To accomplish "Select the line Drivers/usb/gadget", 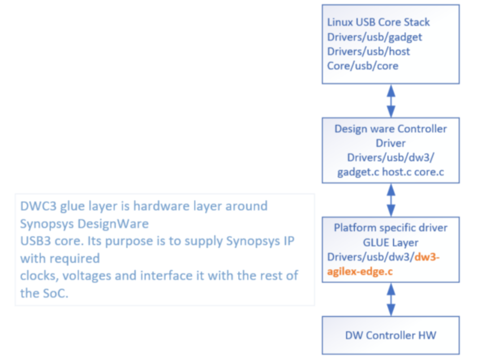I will [374, 37].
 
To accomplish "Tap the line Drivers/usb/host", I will [368, 51].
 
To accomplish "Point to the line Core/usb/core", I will [363, 66].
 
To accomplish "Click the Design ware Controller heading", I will [391, 129].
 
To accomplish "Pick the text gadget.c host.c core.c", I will [391, 172].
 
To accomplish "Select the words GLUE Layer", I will [391, 242].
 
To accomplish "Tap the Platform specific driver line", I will [391, 228].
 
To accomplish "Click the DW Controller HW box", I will [391, 335].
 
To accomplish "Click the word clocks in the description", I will [37, 275].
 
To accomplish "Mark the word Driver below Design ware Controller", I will [391, 143].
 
